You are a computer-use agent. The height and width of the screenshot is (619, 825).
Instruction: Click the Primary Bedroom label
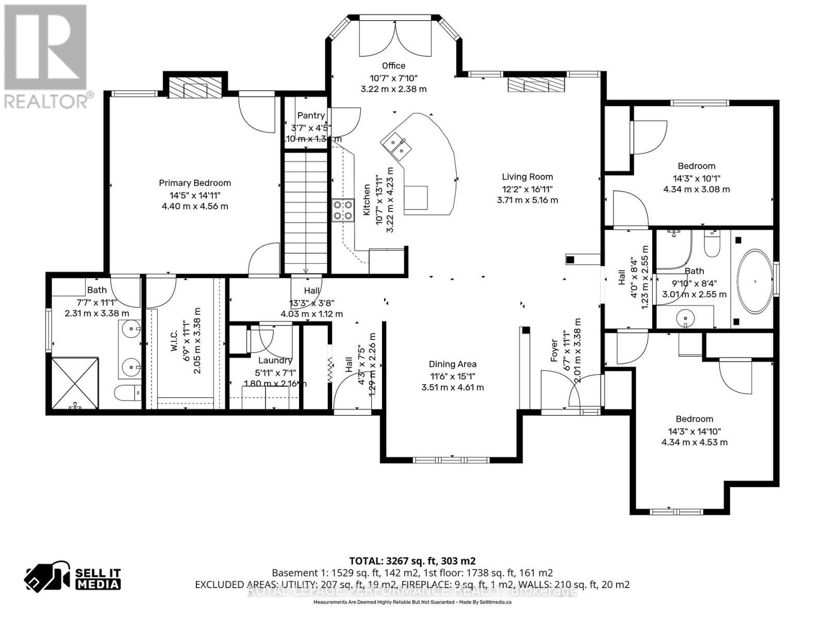click(194, 183)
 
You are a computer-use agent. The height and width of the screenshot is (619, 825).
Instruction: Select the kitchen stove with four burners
click(343, 210)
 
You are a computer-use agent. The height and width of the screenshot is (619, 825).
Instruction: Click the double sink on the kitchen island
click(396, 144)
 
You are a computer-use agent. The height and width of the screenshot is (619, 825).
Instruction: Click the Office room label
click(393, 66)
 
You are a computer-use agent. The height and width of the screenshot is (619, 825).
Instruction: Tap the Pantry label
click(311, 116)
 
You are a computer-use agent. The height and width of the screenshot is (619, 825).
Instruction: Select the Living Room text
click(527, 177)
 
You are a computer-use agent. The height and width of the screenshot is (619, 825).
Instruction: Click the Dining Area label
click(452, 364)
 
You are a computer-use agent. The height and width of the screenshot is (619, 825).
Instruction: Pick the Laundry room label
click(275, 361)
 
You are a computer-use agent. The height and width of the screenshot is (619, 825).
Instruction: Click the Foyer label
click(554, 350)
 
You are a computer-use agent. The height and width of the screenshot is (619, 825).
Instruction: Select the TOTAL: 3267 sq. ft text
click(412, 561)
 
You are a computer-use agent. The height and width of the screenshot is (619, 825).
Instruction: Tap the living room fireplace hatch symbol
click(536, 84)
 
